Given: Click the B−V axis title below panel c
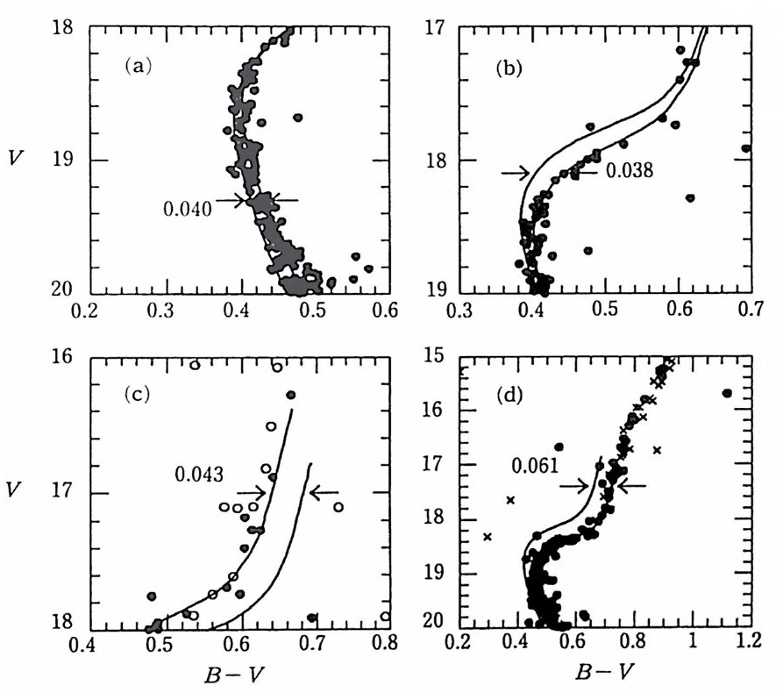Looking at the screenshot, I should (x=230, y=673).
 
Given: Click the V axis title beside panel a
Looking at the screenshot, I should (x=15, y=161).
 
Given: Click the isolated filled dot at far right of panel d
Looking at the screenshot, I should (x=727, y=393).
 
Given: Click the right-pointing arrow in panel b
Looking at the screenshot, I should (x=516, y=173).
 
